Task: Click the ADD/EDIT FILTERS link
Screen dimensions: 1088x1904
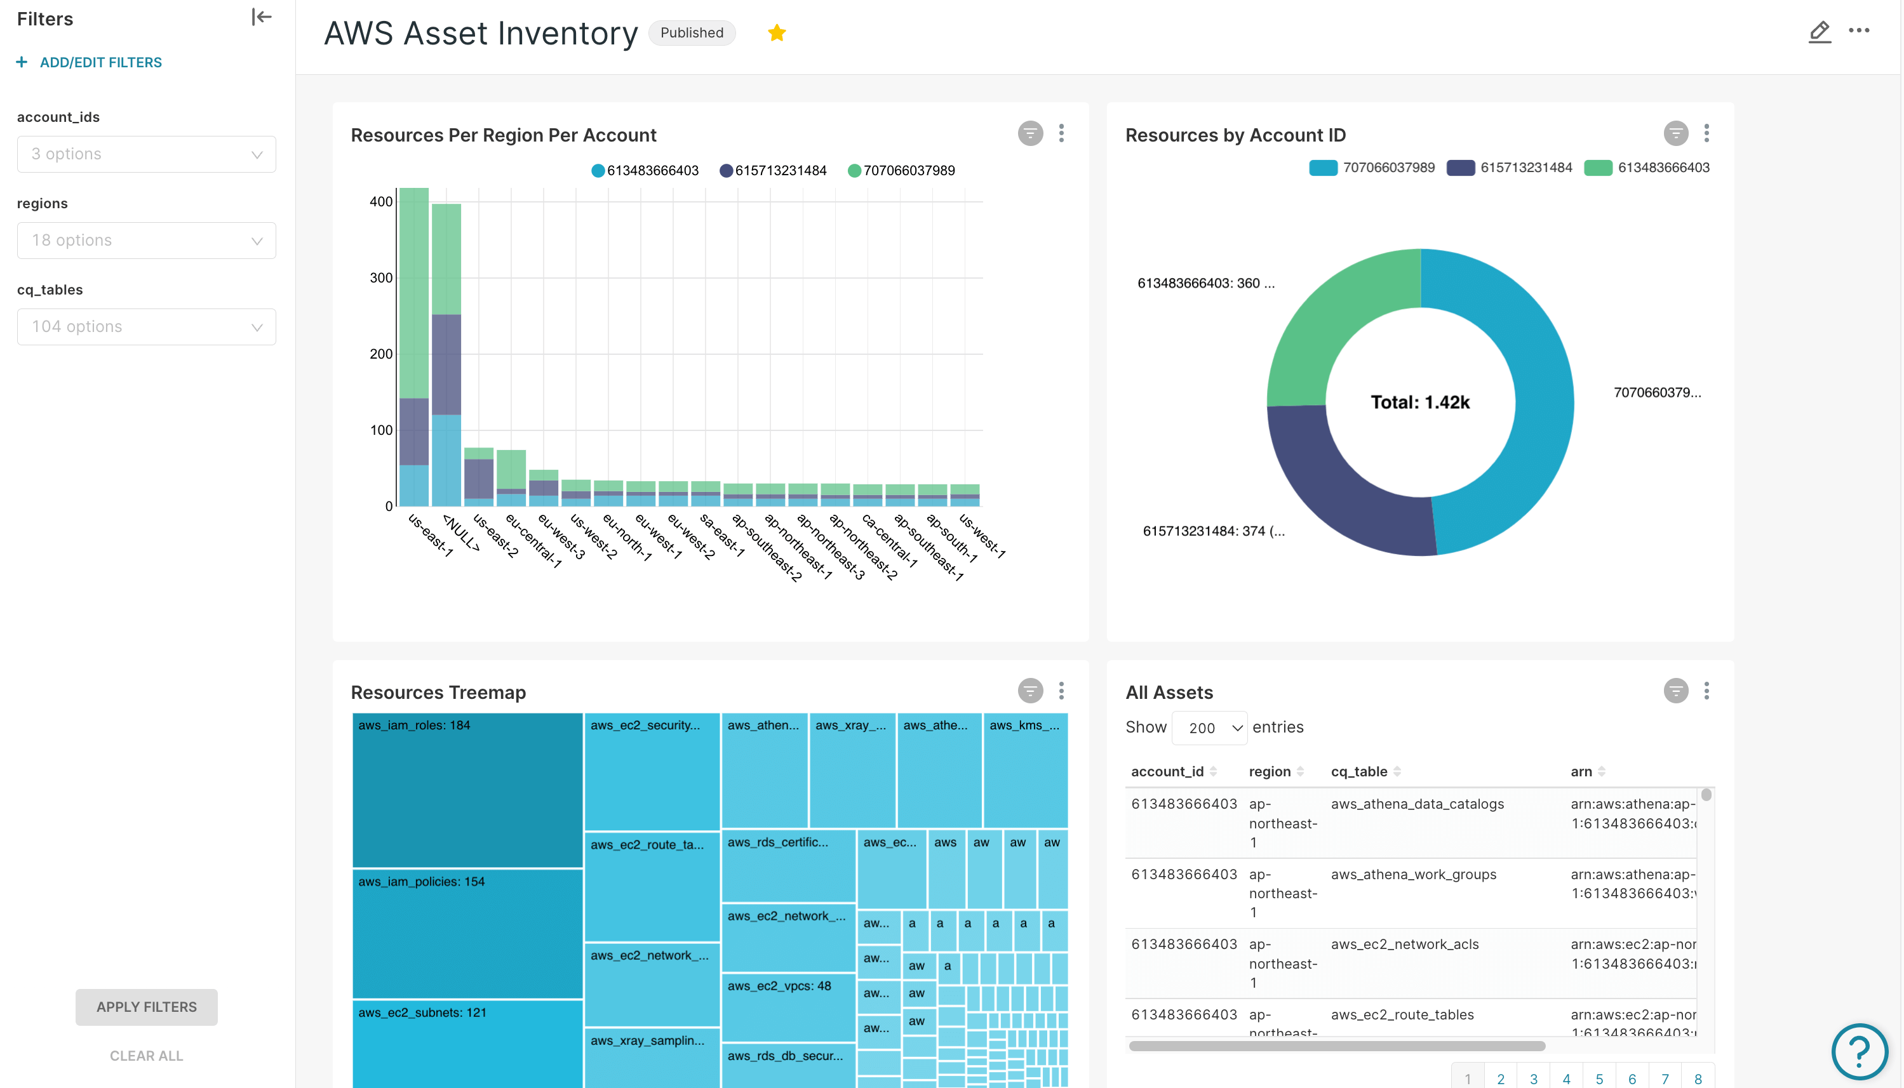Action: (x=100, y=63)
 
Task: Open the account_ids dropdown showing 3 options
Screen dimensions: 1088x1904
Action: (x=147, y=155)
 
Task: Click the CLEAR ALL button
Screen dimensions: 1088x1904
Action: (x=147, y=1056)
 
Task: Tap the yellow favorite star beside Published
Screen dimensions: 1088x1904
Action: (x=777, y=33)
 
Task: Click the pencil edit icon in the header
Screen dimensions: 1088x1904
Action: (x=1819, y=32)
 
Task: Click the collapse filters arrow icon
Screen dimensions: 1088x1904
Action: (x=261, y=17)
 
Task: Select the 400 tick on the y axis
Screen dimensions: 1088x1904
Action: (x=380, y=202)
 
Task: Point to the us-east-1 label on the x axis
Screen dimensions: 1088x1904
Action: (x=431, y=535)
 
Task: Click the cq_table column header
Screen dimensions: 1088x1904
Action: (x=1359, y=772)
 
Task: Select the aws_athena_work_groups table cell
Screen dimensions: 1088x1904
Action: (x=1414, y=875)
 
